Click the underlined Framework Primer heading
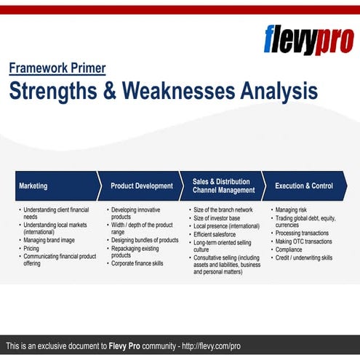point(57,68)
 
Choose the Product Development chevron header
point(142,185)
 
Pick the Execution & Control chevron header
point(303,185)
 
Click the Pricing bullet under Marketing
point(32,248)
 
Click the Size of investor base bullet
point(216,217)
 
